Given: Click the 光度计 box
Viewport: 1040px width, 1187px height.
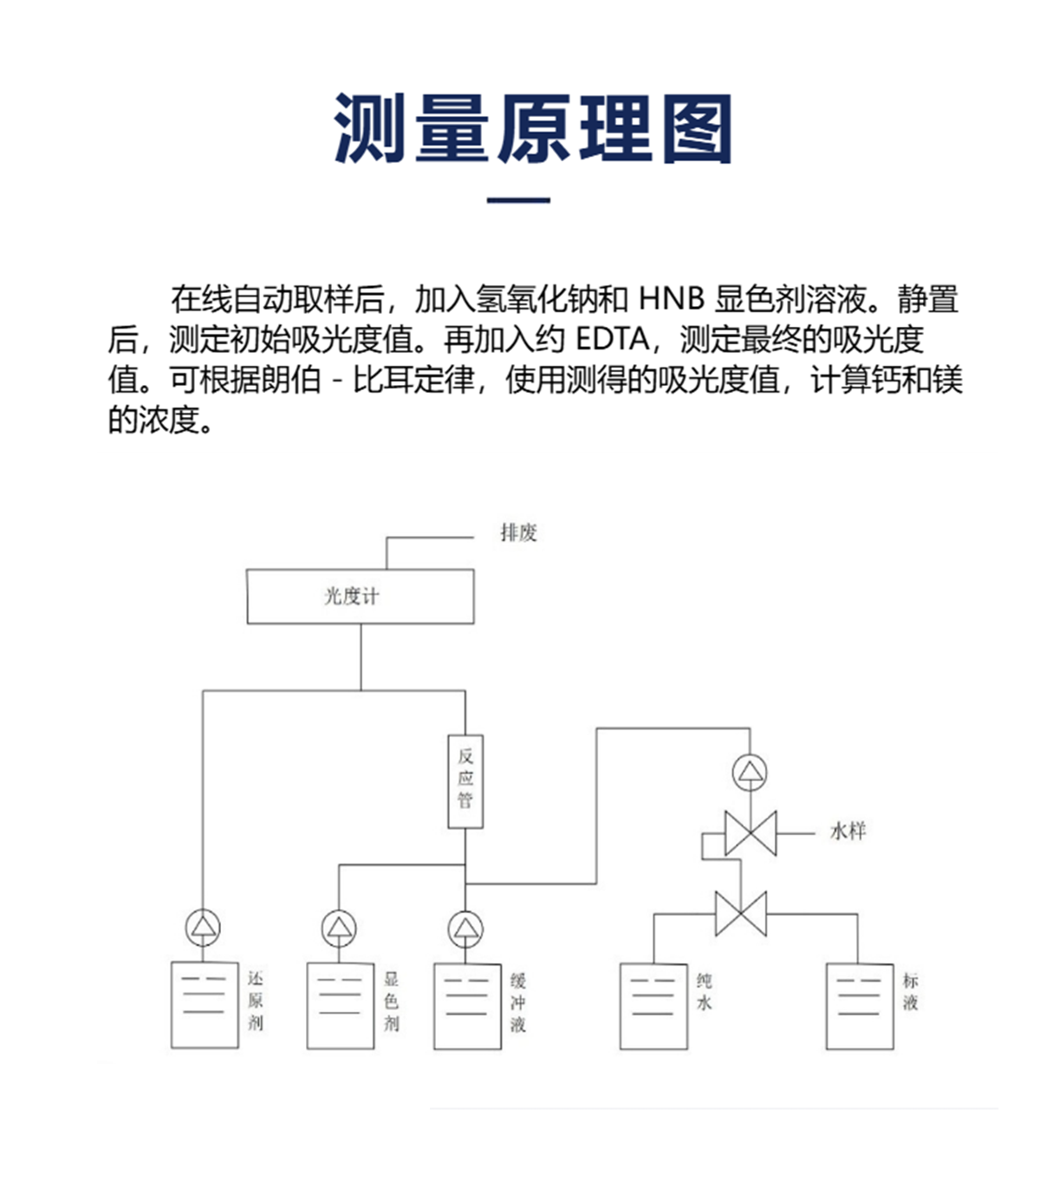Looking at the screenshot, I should pos(360,597).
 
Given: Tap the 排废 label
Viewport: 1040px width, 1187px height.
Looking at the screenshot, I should pos(518,533).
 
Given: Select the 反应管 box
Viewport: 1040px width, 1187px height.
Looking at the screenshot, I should pos(465,780).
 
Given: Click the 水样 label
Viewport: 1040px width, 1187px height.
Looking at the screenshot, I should pos(847,832).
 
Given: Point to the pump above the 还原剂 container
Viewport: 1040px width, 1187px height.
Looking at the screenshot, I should pos(204,928).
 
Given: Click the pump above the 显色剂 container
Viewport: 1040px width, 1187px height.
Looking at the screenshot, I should pos(339,929).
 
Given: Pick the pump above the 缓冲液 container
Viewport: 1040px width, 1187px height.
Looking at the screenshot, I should pos(466,929).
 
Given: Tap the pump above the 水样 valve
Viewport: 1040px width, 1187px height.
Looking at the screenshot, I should pos(750,772).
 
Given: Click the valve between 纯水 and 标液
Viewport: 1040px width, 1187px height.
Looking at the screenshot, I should pos(741,914).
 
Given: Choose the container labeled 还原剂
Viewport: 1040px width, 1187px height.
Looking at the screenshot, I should pos(205,1005).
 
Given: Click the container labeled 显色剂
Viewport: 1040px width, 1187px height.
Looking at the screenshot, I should pos(340,1006).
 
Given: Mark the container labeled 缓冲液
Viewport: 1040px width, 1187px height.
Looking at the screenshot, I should pos(467,1006).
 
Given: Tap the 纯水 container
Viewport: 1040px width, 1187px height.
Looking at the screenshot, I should pos(653,1006).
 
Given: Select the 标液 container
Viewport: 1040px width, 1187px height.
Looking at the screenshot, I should pos(859,1006).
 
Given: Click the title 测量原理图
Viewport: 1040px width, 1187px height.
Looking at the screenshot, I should pos(532,129).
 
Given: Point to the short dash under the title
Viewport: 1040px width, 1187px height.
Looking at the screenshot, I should pos(518,200).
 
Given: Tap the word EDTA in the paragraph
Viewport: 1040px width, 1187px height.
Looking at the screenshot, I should pos(612,339).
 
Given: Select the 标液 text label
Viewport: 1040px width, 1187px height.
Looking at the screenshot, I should pos(910,992).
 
